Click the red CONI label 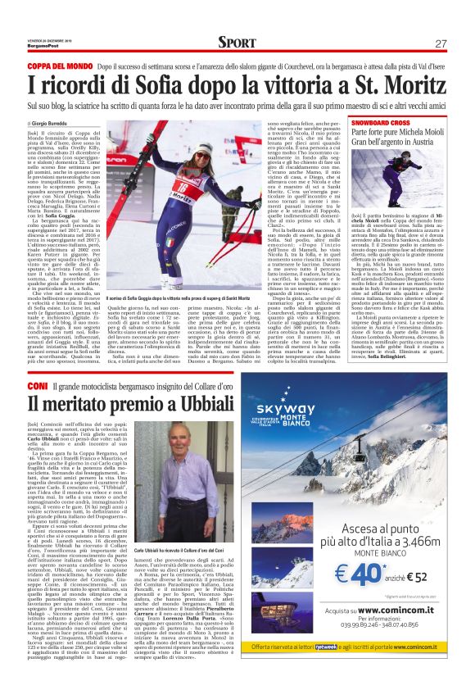pos(38,384)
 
